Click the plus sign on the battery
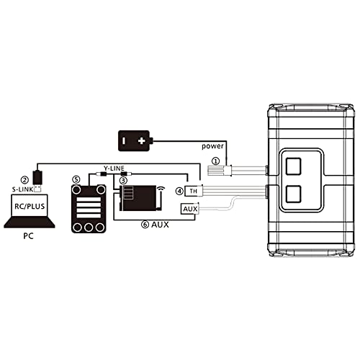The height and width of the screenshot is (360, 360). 142,140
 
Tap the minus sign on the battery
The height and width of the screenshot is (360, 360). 123,140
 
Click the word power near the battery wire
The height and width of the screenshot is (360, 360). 212,146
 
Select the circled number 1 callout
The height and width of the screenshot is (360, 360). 216,161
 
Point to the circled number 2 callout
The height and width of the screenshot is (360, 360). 24,180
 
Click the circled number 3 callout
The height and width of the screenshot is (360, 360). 124,180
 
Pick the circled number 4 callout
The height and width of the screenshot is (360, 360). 179,192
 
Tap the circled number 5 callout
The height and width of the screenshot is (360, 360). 76,179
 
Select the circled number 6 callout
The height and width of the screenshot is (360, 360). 145,225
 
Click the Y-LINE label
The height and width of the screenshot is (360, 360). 114,168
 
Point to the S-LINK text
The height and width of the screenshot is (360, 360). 23,189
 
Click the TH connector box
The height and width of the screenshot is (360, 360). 193,191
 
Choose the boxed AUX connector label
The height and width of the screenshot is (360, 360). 190,209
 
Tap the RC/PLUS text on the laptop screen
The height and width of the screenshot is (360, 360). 30,206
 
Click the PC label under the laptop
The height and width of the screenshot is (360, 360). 28,236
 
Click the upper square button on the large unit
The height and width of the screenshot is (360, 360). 293,166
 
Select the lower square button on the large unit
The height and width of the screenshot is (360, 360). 293,194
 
